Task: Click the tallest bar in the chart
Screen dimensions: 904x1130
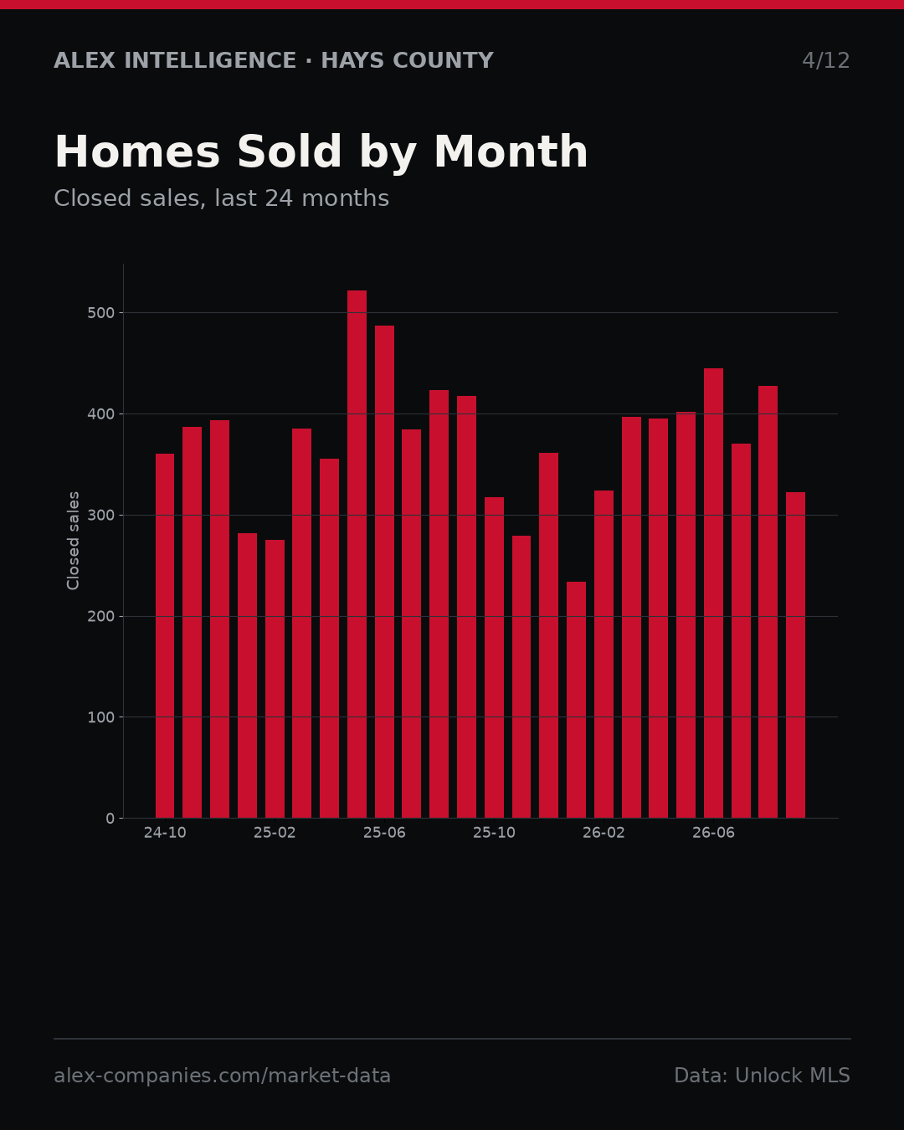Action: pyautogui.click(x=357, y=554)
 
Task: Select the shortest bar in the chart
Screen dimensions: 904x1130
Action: pyautogui.click(x=576, y=700)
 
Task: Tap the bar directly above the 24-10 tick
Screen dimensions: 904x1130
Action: pyautogui.click(x=165, y=636)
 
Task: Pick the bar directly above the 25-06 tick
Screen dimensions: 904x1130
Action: pyautogui.click(x=384, y=572)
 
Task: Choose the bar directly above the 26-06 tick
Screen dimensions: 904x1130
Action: pyautogui.click(x=713, y=593)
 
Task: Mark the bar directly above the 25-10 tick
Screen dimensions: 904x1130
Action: pyautogui.click(x=495, y=657)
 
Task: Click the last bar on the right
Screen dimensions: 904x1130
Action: pyautogui.click(x=796, y=655)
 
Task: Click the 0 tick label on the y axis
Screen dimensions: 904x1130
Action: pyautogui.click(x=110, y=819)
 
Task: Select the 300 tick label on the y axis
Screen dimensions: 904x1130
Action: pyautogui.click(x=100, y=515)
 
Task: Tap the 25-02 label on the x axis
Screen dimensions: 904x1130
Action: pyautogui.click(x=275, y=833)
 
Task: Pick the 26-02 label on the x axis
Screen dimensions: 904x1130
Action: pyautogui.click(x=604, y=833)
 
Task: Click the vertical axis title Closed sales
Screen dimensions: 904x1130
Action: pyautogui.click(x=73, y=541)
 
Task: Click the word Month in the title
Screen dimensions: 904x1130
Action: pyautogui.click(x=511, y=152)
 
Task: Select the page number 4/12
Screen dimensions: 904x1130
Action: pyautogui.click(x=825, y=61)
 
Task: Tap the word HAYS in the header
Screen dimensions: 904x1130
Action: pyautogui.click(x=353, y=61)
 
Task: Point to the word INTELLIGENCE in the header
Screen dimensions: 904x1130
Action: pyautogui.click(x=210, y=61)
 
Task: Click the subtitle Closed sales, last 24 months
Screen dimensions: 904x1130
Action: pyautogui.click(x=222, y=198)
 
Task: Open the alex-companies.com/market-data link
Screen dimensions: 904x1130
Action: pyautogui.click(x=222, y=1076)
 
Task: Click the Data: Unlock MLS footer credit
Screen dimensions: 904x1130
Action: pyautogui.click(x=763, y=1076)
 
